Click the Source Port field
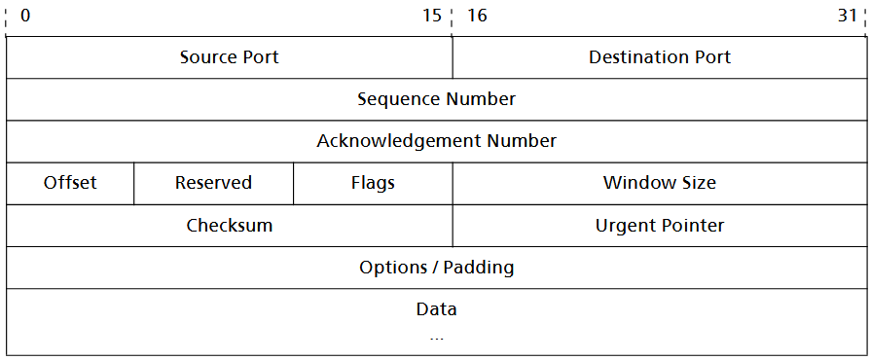coord(229,57)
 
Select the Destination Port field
coord(660,57)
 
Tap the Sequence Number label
coord(436,99)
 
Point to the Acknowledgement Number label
coord(436,141)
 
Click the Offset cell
coord(70,183)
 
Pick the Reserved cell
coord(213,183)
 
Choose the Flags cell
coord(373,183)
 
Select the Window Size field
coord(660,183)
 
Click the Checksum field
coord(229,226)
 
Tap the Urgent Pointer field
coord(660,226)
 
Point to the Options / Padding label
coord(436,268)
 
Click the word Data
coord(436,309)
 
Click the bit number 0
coord(24,17)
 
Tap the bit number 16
coord(477,17)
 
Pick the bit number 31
coord(847,17)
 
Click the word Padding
coord(479,268)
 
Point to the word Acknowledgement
coord(393,141)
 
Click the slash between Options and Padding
coord(433,268)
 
